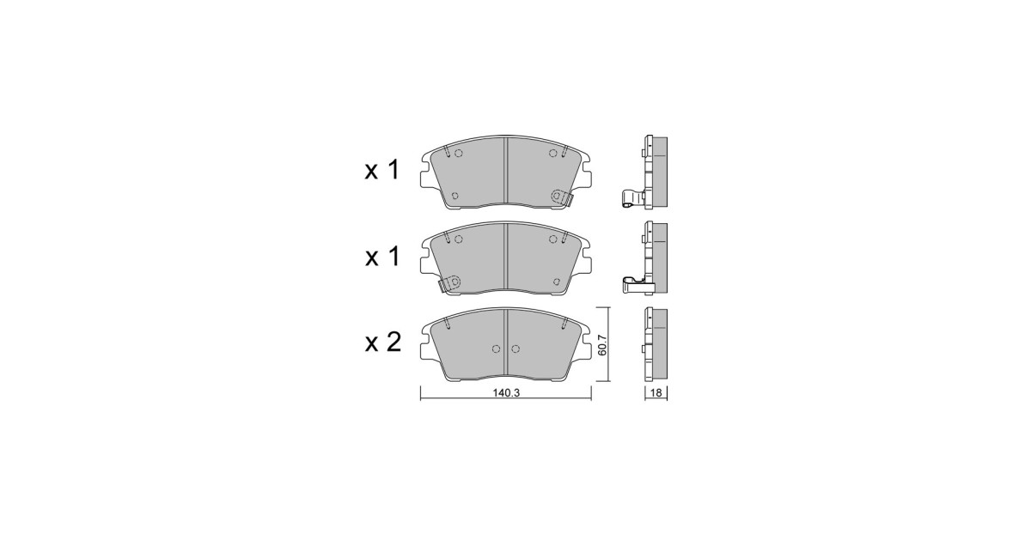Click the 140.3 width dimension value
[506, 393]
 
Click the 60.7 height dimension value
[602, 345]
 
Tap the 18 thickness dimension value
[656, 393]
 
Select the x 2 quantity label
[383, 342]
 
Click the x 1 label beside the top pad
[383, 171]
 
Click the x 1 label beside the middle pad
[383, 257]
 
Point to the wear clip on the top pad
[562, 198]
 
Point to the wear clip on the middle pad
[449, 283]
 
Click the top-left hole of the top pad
[458, 153]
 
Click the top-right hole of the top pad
[553, 153]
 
